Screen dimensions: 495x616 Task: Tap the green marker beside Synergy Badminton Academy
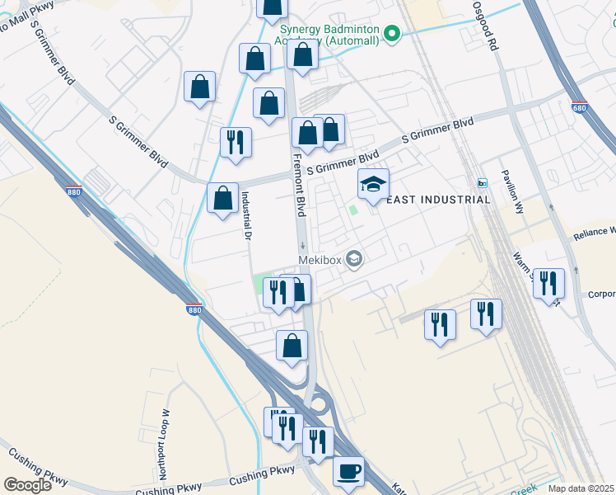tap(393, 34)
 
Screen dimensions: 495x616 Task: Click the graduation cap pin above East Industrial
tap(373, 183)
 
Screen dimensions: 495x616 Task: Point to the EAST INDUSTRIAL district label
tap(438, 200)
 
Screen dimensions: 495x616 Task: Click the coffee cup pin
tap(348, 471)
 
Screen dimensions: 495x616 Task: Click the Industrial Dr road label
tap(245, 215)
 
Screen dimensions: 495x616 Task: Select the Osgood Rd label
tap(486, 26)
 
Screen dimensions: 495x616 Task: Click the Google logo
tap(27, 485)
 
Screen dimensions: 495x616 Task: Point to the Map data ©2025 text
tap(581, 488)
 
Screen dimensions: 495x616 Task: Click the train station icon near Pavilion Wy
tap(482, 183)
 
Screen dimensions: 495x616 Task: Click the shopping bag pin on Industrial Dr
tap(222, 198)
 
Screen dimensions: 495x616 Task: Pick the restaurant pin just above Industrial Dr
tap(236, 142)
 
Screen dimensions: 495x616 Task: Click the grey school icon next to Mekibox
tap(354, 259)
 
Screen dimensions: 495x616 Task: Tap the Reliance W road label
tap(595, 232)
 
